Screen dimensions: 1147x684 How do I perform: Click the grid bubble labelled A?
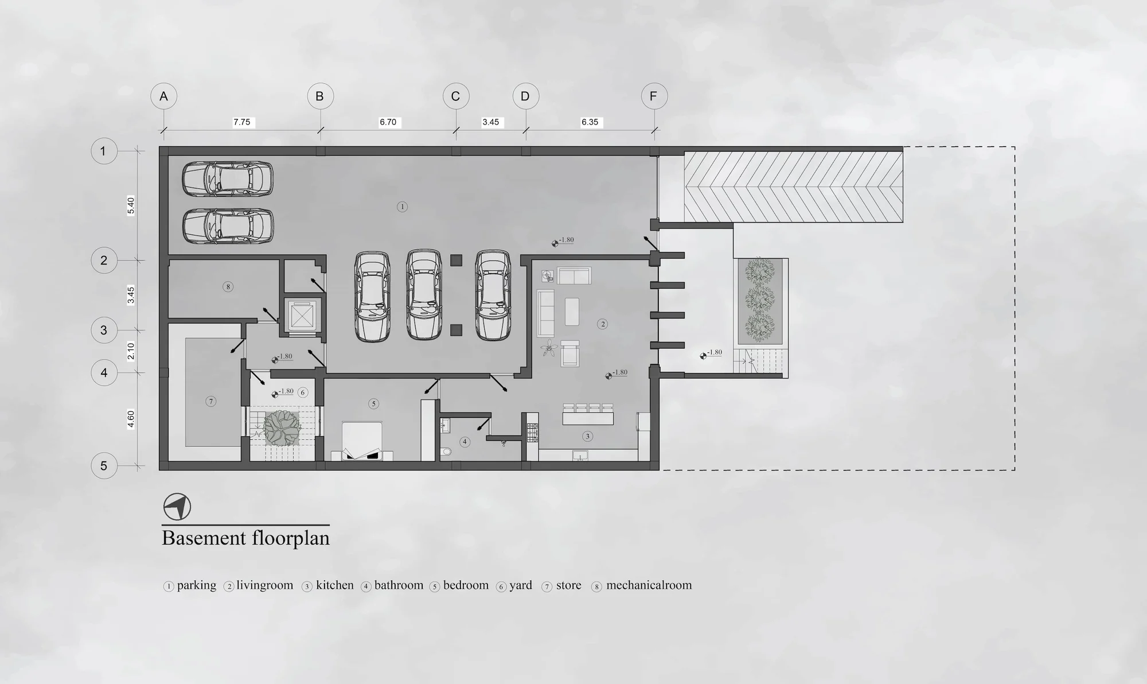click(163, 96)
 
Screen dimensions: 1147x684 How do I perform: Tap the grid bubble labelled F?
click(654, 96)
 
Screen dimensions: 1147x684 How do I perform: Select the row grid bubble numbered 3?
click(104, 330)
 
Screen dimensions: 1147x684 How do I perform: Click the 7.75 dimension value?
click(242, 122)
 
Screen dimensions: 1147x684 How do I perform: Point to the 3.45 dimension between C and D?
click(491, 122)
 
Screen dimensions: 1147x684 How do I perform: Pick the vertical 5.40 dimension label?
click(131, 205)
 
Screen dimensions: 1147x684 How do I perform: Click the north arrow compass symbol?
click(177, 507)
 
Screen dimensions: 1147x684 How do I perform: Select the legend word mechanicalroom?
click(649, 585)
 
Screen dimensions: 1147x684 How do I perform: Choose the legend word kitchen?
click(335, 585)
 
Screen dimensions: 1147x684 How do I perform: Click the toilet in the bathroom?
click(446, 452)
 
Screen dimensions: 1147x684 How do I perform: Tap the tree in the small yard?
click(281, 427)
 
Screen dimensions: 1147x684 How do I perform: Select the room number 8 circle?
click(228, 286)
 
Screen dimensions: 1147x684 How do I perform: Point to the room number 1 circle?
click(402, 207)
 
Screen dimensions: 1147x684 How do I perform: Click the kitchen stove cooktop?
click(532, 432)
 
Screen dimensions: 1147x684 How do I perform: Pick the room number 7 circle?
click(211, 401)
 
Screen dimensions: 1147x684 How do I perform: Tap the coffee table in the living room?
click(572, 311)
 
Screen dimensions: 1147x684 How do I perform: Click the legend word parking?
click(197, 586)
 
